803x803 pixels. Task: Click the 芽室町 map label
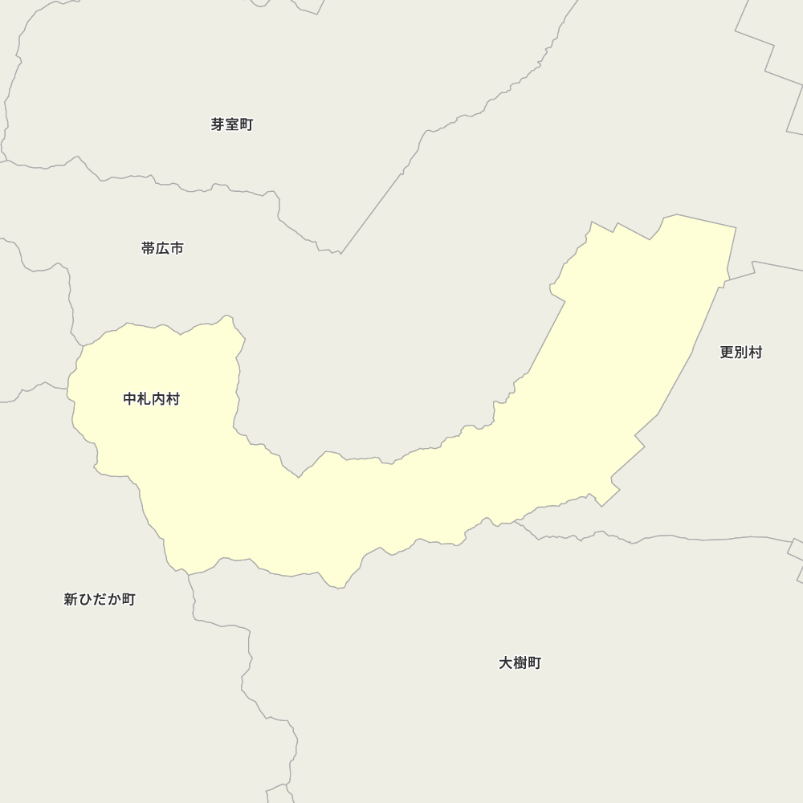coord(232,124)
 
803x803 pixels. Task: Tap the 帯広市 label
coord(162,248)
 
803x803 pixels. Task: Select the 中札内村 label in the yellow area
coord(152,399)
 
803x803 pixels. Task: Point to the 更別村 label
coord(740,352)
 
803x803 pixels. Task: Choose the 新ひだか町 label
coord(100,599)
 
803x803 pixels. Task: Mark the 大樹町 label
coord(520,662)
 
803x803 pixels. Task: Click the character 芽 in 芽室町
coord(218,124)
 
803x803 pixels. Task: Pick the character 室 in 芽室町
coord(232,124)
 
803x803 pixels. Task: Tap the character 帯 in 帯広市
coord(148,248)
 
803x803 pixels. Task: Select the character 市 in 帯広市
coord(177,248)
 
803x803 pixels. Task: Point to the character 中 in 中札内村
coord(130,399)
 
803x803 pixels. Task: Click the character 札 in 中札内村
coord(145,399)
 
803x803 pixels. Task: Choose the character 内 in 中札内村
coord(159,399)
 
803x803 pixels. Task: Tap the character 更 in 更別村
coord(726,352)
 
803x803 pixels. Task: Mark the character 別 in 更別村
coord(740,352)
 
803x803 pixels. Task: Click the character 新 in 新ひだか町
coord(71,599)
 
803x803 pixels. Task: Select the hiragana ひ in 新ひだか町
coord(85,599)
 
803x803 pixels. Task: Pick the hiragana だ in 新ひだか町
coord(100,599)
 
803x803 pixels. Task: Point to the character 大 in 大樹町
coord(505,662)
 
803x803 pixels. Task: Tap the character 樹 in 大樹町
coord(520,662)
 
